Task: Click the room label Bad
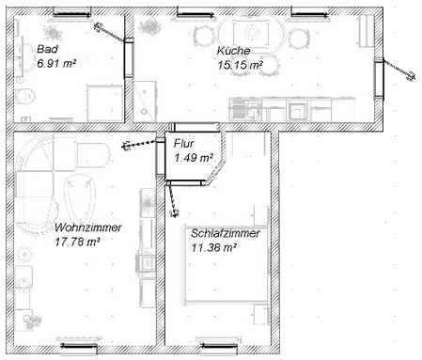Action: (47, 49)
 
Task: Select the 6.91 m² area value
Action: (56, 64)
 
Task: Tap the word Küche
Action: (233, 51)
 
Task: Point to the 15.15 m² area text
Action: (240, 65)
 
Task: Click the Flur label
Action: (183, 144)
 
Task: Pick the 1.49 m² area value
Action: (194, 158)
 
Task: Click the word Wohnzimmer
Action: (88, 227)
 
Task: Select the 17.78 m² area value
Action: (77, 242)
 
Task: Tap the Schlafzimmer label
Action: (226, 233)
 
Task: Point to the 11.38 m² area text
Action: (213, 248)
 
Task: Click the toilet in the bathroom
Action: (24, 97)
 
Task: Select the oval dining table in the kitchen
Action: (252, 33)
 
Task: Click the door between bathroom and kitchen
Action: (129, 57)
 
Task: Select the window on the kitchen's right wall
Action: (379, 79)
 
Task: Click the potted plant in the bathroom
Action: (53, 32)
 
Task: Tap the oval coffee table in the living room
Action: (80, 198)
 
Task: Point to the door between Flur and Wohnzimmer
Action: (161, 158)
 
